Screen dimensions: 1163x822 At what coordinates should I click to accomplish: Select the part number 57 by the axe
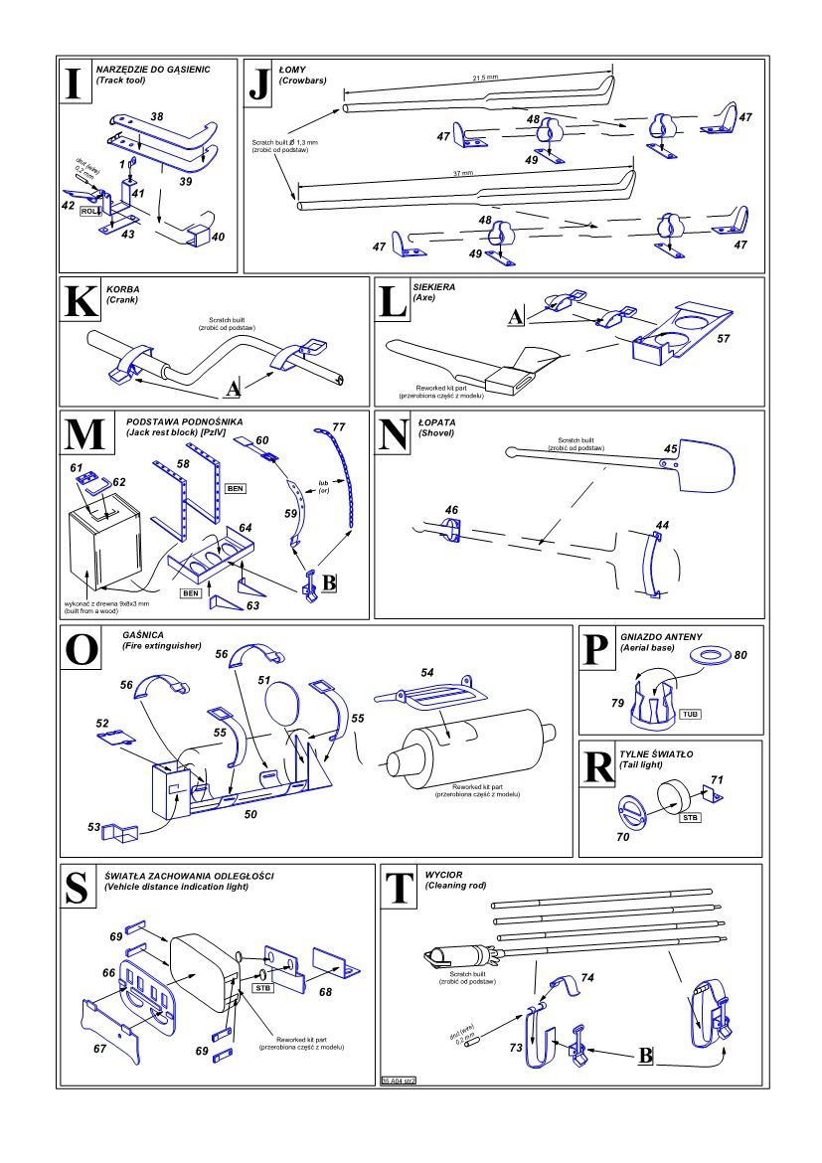[723, 339]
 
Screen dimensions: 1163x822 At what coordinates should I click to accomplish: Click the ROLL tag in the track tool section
[91, 212]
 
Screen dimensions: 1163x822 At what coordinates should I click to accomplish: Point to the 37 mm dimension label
[462, 174]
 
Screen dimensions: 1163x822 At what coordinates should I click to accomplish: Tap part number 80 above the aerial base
[740, 653]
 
